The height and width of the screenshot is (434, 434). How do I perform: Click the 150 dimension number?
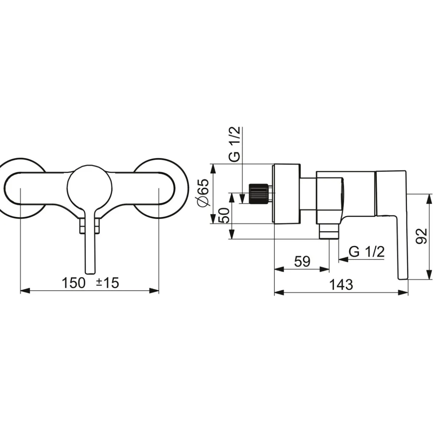point(73,283)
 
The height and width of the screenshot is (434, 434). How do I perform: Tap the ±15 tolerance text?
point(108,283)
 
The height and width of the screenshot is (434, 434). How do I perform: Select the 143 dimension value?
point(341,285)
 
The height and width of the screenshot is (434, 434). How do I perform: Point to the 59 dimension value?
point(302,261)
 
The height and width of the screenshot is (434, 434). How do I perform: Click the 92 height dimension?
point(421,236)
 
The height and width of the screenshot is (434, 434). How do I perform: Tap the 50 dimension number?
point(224,216)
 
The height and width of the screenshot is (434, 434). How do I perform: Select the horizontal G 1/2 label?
point(366,251)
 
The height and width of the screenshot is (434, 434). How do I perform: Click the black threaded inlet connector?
point(259,194)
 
